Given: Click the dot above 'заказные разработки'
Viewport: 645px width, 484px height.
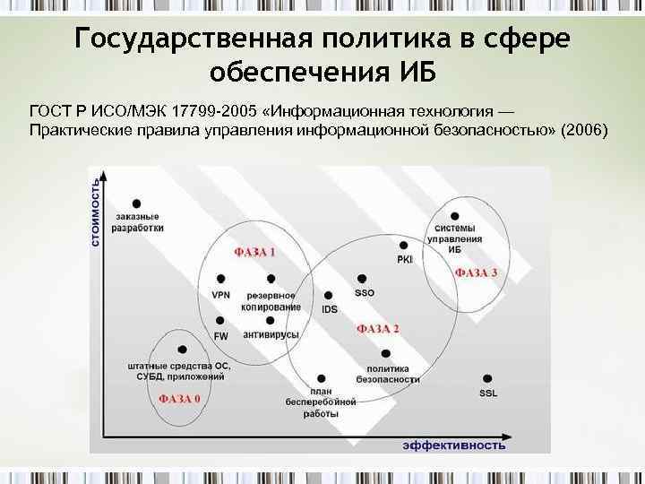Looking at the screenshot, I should point(136,203).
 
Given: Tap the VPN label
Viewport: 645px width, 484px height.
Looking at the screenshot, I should point(220,295).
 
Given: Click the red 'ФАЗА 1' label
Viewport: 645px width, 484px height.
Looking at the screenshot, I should point(254,252).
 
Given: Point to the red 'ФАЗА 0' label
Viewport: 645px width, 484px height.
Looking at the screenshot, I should point(179,398).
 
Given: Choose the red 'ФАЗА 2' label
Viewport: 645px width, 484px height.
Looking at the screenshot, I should point(378,329).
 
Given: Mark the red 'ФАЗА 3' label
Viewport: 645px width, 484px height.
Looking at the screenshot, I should point(477,272).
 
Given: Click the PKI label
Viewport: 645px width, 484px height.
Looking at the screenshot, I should point(405,259).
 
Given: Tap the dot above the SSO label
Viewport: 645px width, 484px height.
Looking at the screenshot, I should point(362,279).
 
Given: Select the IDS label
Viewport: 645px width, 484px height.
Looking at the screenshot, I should point(330,309).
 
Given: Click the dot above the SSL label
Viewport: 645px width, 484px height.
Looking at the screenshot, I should point(487,378).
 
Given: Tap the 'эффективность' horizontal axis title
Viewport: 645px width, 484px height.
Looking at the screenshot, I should point(453,445).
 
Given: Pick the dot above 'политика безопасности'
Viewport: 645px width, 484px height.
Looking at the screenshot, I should point(387,353).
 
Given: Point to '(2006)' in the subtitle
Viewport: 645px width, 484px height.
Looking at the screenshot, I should point(582,131).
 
